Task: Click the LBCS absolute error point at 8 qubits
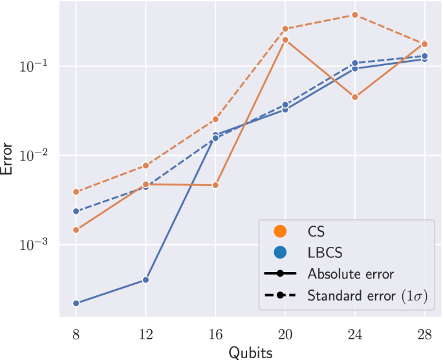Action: pos(76,303)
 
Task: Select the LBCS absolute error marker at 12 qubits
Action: pos(146,280)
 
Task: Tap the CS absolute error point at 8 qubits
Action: pos(76,230)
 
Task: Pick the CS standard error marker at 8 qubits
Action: pos(76,192)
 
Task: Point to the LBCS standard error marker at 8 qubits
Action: pos(76,211)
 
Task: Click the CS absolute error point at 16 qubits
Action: pos(215,185)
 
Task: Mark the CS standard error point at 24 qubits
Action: pos(355,15)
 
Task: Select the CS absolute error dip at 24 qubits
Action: pos(355,97)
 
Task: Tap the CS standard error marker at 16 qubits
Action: pos(215,120)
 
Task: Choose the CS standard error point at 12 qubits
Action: pos(146,165)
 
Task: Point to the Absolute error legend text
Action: pos(351,273)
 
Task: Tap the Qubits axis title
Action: pos(250,352)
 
